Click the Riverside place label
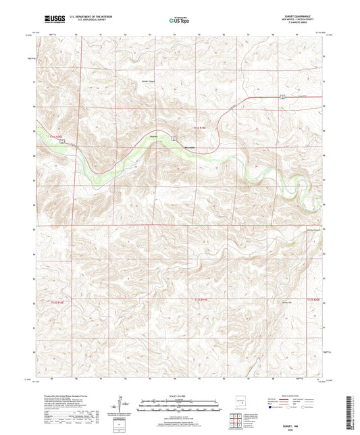click(x=190, y=147)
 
